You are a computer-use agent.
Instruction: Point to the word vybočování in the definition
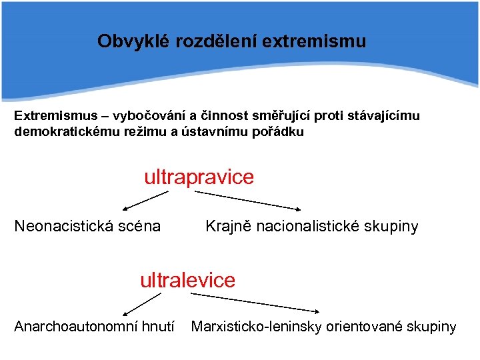pyautogui.click(x=148, y=115)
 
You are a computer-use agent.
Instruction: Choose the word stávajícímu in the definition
pyautogui.click(x=383, y=115)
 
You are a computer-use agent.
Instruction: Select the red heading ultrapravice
pyautogui.click(x=199, y=177)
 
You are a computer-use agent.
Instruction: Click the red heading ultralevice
pyautogui.click(x=187, y=280)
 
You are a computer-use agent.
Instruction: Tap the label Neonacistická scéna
pyautogui.click(x=87, y=227)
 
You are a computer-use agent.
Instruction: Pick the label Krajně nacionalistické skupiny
pyautogui.click(x=311, y=227)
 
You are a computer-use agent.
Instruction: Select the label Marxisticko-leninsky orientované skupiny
pyautogui.click(x=323, y=327)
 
